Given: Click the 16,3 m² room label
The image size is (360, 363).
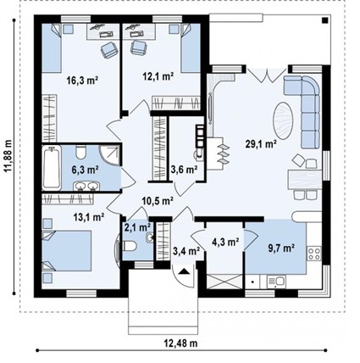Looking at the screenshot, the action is click(82, 81).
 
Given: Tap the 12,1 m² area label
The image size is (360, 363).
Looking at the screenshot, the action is click(158, 76).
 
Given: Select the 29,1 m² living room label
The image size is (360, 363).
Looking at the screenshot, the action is click(261, 144).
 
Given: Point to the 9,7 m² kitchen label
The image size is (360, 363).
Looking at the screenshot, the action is click(281, 249).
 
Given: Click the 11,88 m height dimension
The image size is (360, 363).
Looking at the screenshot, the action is click(8, 156).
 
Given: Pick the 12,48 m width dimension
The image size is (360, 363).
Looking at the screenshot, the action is click(180, 343).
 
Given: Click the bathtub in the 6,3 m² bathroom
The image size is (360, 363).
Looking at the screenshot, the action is click(52, 168).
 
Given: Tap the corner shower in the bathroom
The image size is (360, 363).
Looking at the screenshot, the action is click(110, 155).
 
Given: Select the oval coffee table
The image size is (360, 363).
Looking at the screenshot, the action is click(283, 120).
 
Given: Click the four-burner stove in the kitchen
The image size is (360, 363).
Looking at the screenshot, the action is click(314, 254).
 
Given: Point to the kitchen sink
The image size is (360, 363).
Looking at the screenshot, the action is click(277, 282).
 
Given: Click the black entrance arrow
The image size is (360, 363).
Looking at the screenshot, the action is click(184, 271).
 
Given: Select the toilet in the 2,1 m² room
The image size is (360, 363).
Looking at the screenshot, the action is click(130, 246).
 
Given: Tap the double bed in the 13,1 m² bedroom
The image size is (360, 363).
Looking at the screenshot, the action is click(67, 250).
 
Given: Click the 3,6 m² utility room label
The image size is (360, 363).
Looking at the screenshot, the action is click(184, 170).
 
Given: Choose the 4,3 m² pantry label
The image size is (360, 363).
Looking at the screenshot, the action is click(225, 242).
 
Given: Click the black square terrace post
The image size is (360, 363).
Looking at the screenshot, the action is click(325, 20).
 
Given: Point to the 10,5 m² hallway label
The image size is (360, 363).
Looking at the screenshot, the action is click(158, 201).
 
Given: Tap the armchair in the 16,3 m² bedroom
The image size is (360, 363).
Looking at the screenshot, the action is click(109, 50).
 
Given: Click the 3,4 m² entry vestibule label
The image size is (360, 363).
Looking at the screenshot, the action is click(186, 250).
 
